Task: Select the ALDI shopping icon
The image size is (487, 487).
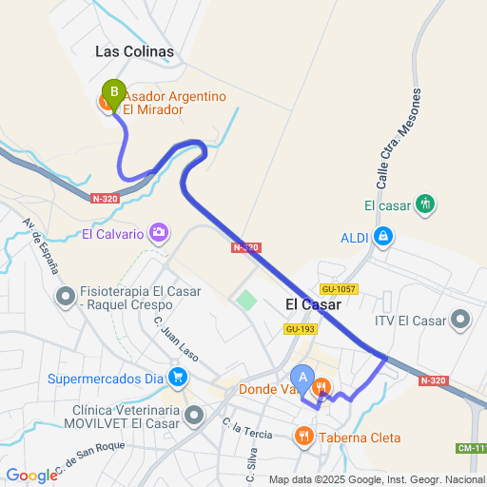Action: click(382, 235)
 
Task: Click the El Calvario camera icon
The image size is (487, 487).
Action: click(159, 232)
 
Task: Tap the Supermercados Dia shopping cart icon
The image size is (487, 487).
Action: click(177, 378)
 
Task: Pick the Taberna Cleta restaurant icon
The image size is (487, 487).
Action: click(303, 437)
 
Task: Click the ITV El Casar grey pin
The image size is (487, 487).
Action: click(461, 320)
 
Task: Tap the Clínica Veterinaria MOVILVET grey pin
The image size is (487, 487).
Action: click(195, 415)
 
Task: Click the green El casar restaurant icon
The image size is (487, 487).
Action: click(425, 204)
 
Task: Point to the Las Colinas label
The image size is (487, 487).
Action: click(134, 50)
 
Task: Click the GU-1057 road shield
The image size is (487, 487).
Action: click(339, 288)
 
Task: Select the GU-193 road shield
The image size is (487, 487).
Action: click(301, 329)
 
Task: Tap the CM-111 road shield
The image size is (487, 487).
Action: click(472, 447)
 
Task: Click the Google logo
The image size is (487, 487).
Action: click(31, 476)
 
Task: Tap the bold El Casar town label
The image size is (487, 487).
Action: click(313, 304)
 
